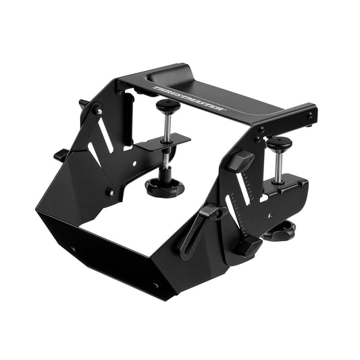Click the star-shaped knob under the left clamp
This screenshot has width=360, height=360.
[165, 186]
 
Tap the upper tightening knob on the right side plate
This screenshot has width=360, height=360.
[239, 161]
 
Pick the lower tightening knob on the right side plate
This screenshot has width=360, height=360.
[246, 245]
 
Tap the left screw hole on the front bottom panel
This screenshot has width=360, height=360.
[73, 249]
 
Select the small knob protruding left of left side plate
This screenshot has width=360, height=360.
[61, 155]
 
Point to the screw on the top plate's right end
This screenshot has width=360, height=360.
[310, 115]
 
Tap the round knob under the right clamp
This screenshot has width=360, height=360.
[279, 231]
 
